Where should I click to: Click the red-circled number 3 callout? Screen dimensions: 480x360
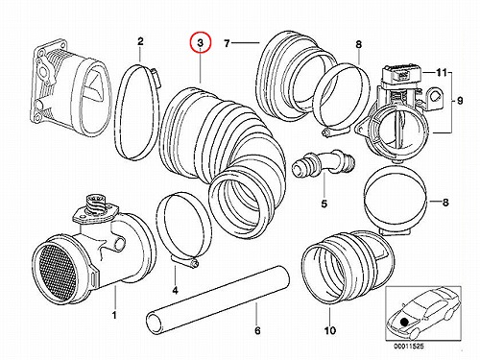coord(201,42)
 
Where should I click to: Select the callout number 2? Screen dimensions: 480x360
coord(140,41)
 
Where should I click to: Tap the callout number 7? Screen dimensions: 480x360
coord(227,43)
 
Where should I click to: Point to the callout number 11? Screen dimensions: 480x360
coord(442,73)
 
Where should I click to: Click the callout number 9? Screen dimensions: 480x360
coord(460,101)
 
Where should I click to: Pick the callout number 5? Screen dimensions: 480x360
coord(324,204)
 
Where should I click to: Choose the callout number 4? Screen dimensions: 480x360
coord(175,291)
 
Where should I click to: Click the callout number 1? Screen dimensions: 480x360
coord(114,315)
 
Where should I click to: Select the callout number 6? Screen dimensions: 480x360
coord(257,330)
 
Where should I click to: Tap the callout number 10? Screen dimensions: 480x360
coord(330,330)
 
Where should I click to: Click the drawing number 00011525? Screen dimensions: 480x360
coord(409,347)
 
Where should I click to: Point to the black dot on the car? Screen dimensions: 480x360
coord(405,322)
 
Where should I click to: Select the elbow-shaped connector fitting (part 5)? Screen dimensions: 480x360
coord(324,162)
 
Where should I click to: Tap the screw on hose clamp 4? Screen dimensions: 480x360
coord(195,264)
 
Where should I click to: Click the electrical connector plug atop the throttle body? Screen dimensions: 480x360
coord(402,76)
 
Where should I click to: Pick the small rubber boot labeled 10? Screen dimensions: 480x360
coord(348,268)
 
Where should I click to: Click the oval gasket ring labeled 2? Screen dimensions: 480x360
coord(137,112)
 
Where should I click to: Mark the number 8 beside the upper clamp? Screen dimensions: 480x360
coord(358,44)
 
